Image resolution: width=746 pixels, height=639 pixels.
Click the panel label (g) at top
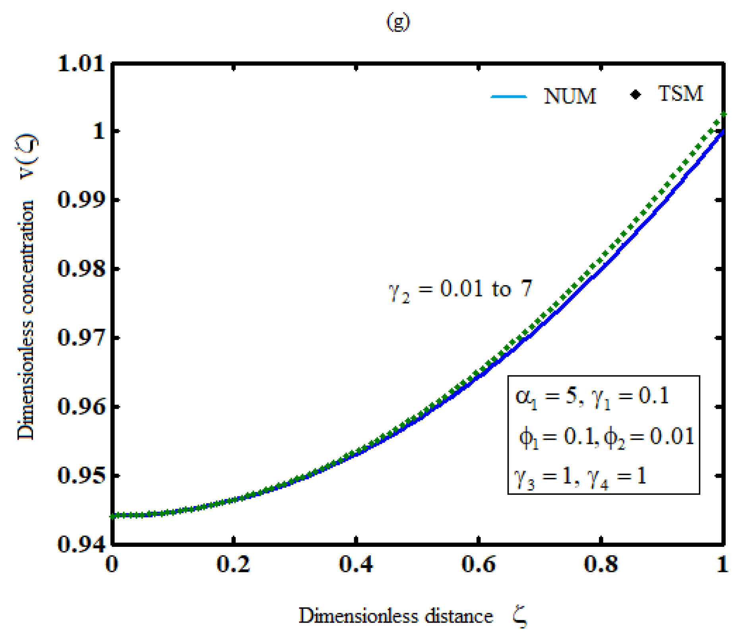pyautogui.click(x=397, y=22)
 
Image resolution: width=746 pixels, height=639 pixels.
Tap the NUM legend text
pyautogui.click(x=570, y=96)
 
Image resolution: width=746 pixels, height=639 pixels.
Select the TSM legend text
pyautogui.click(x=680, y=94)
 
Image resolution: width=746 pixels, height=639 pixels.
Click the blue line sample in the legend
pyautogui.click(x=509, y=97)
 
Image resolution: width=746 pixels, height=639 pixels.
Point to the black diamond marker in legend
pyautogui.click(x=636, y=95)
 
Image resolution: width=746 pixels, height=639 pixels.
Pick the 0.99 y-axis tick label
pyautogui.click(x=81, y=199)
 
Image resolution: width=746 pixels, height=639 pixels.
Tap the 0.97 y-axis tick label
pyautogui.click(x=81, y=338)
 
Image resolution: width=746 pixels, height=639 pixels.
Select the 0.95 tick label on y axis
pyautogui.click(x=81, y=475)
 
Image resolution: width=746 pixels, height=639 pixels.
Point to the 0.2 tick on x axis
pyautogui.click(x=234, y=564)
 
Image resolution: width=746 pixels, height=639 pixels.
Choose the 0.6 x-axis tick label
pyautogui.click(x=479, y=564)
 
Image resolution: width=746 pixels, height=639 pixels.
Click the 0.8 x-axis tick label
pyautogui.click(x=601, y=564)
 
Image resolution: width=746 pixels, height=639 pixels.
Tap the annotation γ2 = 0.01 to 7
pyautogui.click(x=460, y=290)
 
